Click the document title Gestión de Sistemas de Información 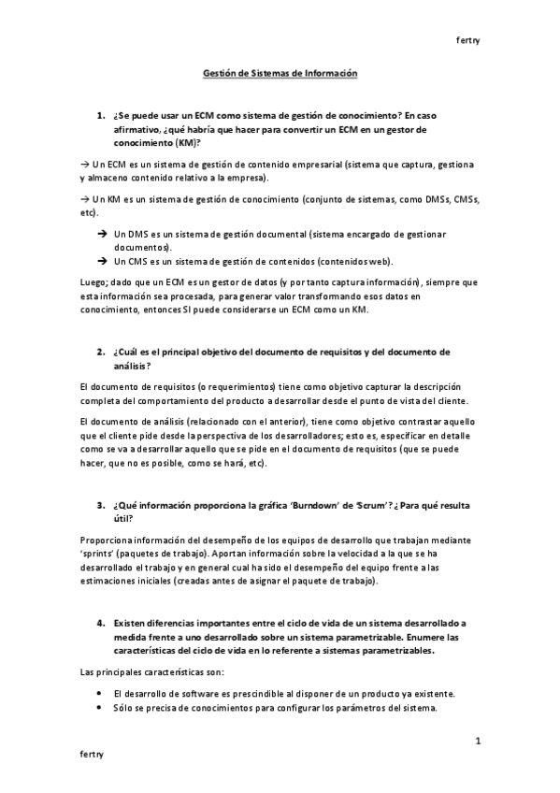tap(280, 73)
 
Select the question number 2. tap(100, 352)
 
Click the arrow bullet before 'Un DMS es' tap(102, 233)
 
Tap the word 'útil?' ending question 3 tap(122, 518)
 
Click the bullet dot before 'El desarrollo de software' tap(100, 693)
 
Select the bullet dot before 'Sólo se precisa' tap(100, 707)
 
